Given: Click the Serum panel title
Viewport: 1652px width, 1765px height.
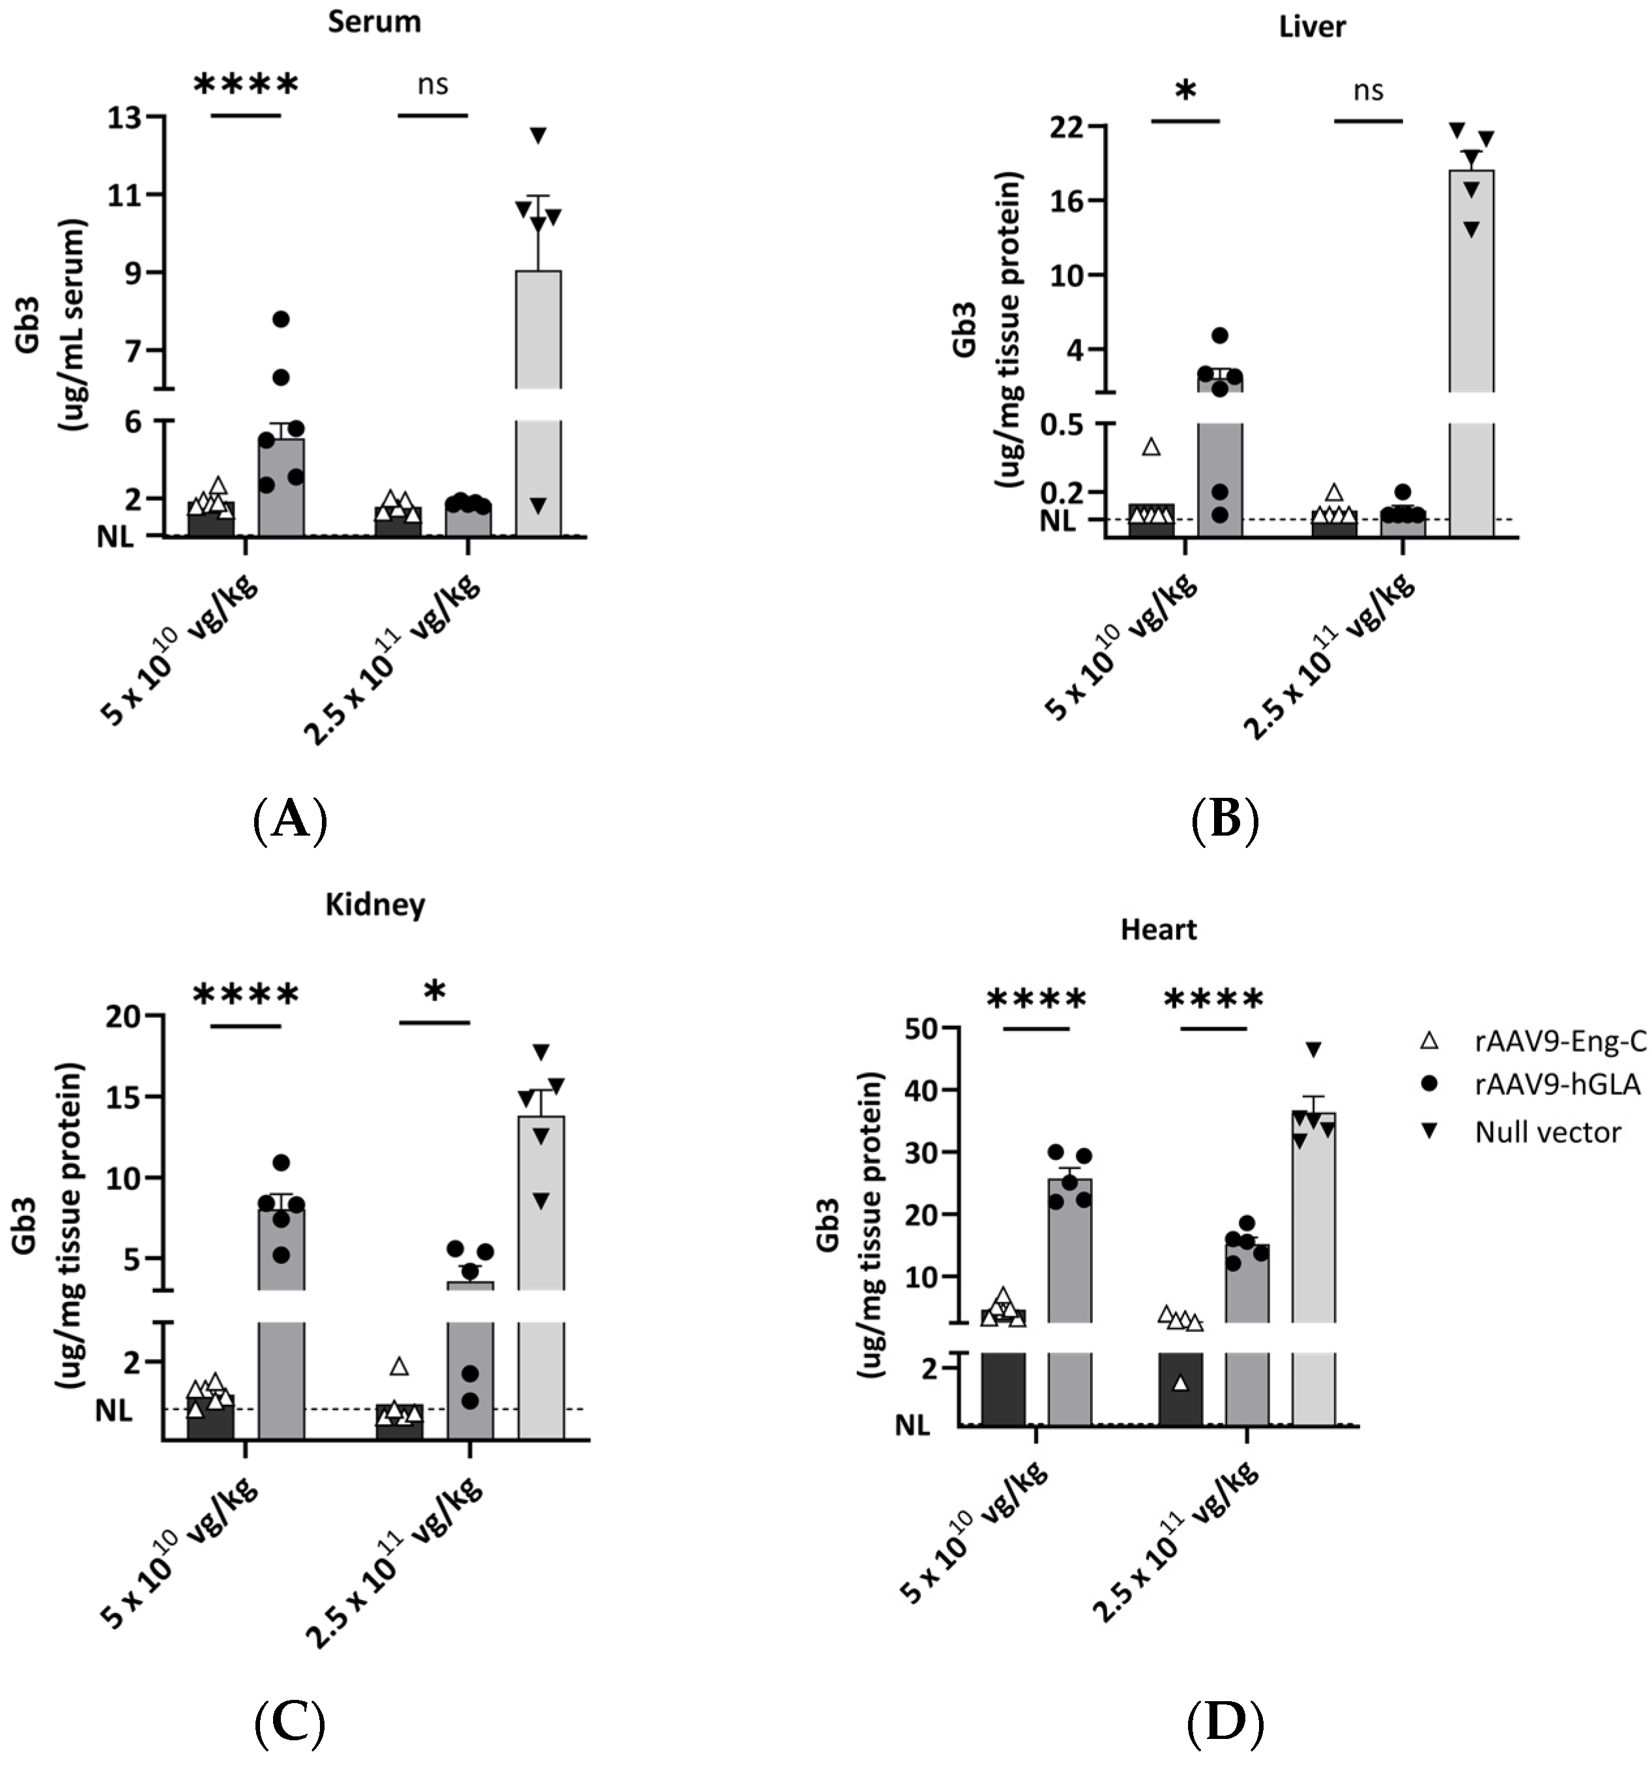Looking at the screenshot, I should coord(374,22).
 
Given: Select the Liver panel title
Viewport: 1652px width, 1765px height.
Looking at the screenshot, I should coord(1311,27).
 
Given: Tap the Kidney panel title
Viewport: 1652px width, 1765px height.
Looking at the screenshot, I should coord(375,905).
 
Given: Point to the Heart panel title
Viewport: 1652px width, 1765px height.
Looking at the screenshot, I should coord(1158,929).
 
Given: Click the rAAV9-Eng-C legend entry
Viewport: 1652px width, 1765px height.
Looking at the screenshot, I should coord(1559,1041).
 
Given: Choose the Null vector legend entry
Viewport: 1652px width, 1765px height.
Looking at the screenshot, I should coord(1547,1132).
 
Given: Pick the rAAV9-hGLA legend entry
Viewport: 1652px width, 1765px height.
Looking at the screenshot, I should coord(1557,1085).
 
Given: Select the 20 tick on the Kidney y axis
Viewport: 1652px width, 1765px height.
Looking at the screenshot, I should coord(124,1017).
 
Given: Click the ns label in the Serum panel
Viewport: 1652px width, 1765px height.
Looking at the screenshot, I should coord(433,85).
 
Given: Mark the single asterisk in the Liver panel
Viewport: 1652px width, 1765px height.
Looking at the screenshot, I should coord(1185,91).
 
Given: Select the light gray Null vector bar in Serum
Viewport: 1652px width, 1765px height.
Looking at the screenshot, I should coord(538,399).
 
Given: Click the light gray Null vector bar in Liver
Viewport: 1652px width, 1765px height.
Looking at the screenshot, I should coord(1471,355).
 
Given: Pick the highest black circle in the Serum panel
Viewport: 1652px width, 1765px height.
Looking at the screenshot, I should coord(282,318).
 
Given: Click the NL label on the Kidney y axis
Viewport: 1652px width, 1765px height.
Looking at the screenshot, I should coord(113,1410).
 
